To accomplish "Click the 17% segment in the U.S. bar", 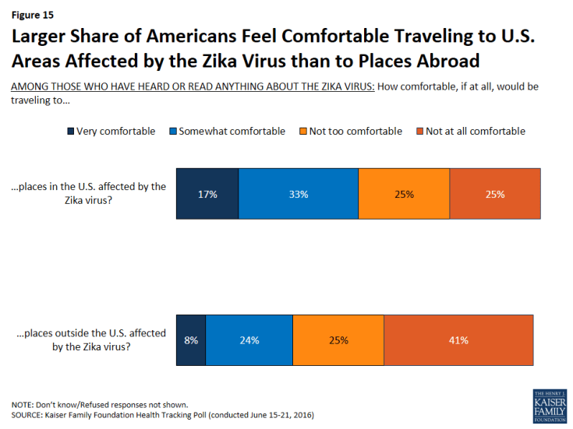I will tap(207, 193).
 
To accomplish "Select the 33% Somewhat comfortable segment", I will tap(298, 193).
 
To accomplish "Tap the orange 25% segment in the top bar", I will tap(404, 193).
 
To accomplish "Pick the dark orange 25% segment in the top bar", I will tap(495, 193).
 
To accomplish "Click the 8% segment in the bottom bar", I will tap(191, 340).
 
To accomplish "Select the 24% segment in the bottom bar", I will tap(249, 340).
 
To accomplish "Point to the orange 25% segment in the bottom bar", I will tap(338, 340).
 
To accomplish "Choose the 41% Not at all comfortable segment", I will tap(458, 340).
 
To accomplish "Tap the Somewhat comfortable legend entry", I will tap(226, 131).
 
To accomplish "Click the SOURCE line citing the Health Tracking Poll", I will tap(162, 415).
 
